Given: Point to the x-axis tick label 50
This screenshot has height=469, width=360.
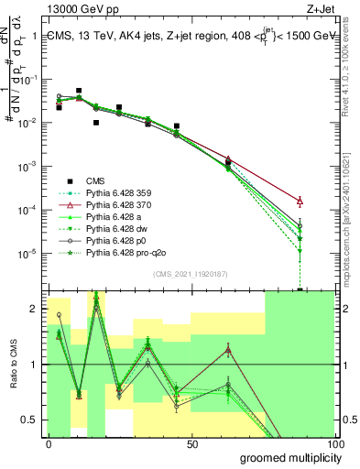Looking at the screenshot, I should pos(192,443).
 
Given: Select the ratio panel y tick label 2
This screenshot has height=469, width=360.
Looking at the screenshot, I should pos(35,309).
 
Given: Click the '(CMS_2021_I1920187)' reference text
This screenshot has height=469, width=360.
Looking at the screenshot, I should pos(191,273).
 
